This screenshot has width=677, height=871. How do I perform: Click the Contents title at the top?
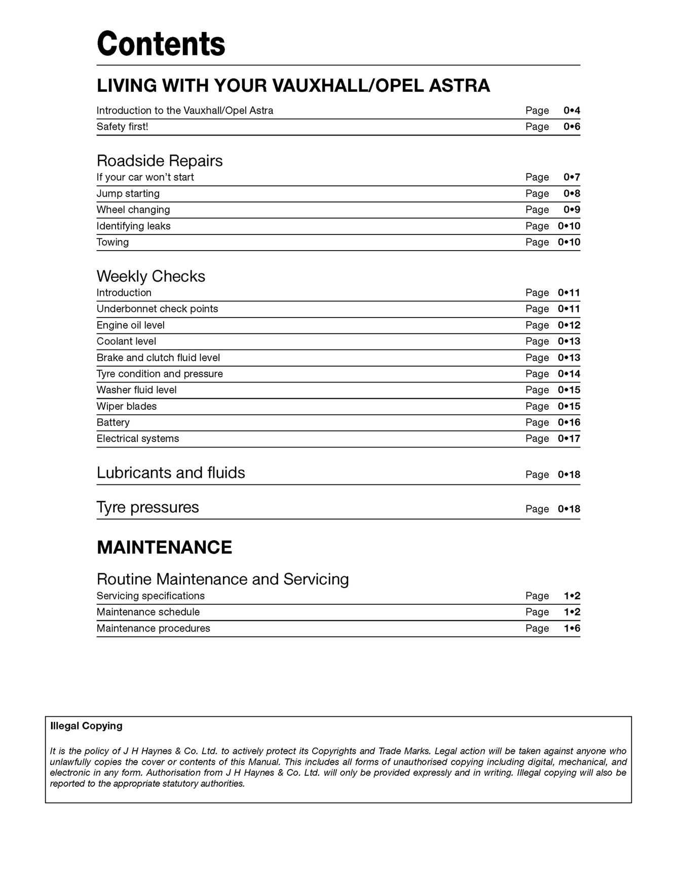tap(161, 44)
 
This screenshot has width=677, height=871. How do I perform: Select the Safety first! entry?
tap(122, 127)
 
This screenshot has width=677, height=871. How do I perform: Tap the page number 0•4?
tap(572, 111)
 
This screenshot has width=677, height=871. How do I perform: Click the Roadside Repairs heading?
tap(160, 161)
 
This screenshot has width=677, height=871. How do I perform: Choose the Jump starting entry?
tap(128, 194)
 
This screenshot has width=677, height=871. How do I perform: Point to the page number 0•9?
tap(572, 210)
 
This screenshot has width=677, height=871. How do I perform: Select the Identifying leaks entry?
tap(133, 226)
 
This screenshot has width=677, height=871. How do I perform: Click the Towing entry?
tap(112, 242)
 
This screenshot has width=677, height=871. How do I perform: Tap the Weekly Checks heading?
tap(151, 276)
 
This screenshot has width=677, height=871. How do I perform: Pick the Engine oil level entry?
tap(130, 325)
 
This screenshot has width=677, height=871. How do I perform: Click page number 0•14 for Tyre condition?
tap(569, 374)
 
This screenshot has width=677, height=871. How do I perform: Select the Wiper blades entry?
tap(127, 406)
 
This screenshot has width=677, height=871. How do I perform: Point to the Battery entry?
tap(113, 423)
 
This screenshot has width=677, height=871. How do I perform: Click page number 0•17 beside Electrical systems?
tap(569, 439)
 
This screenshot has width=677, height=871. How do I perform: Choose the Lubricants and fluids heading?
tap(171, 473)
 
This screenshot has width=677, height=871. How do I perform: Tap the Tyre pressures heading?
tap(147, 507)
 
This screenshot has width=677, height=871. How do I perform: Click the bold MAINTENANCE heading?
tap(164, 547)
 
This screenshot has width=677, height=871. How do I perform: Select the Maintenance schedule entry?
tap(148, 612)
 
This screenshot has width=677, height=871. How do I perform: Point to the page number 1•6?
tap(572, 629)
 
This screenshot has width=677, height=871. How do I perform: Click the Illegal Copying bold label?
tap(86, 726)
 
